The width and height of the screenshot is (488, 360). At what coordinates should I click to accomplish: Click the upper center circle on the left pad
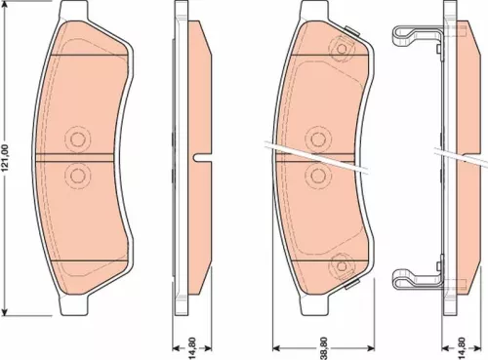pos(76,138)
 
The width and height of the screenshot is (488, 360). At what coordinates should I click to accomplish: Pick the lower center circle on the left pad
pos(76,175)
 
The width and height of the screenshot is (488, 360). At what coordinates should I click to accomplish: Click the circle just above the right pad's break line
pos(317,136)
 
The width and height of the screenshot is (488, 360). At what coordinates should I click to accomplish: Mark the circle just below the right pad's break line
pos(317,173)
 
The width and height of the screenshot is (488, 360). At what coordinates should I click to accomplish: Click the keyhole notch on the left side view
pos(199,156)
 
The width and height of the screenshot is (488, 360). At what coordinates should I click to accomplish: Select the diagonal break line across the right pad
pos(322,152)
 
